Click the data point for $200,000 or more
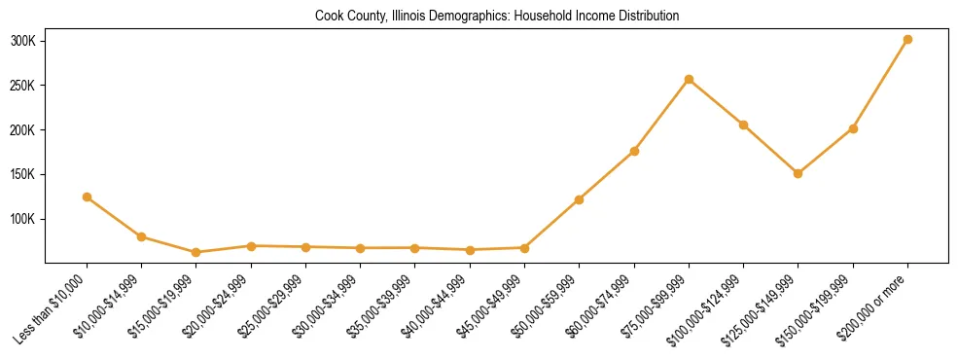[x=907, y=40]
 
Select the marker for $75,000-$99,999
[x=689, y=79]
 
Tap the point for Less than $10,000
[x=88, y=197]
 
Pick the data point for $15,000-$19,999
[x=196, y=252]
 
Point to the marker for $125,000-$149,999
[x=798, y=173]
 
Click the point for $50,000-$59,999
[x=579, y=199]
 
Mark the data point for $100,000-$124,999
[x=743, y=125]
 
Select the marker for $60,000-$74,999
[x=634, y=151]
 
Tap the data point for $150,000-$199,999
[x=853, y=128]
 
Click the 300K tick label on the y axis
[x=23, y=41]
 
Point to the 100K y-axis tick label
[x=23, y=219]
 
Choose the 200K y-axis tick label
[x=23, y=130]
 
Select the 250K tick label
[x=23, y=86]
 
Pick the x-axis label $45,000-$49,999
[x=492, y=305]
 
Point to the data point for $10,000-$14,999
[x=142, y=236]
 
